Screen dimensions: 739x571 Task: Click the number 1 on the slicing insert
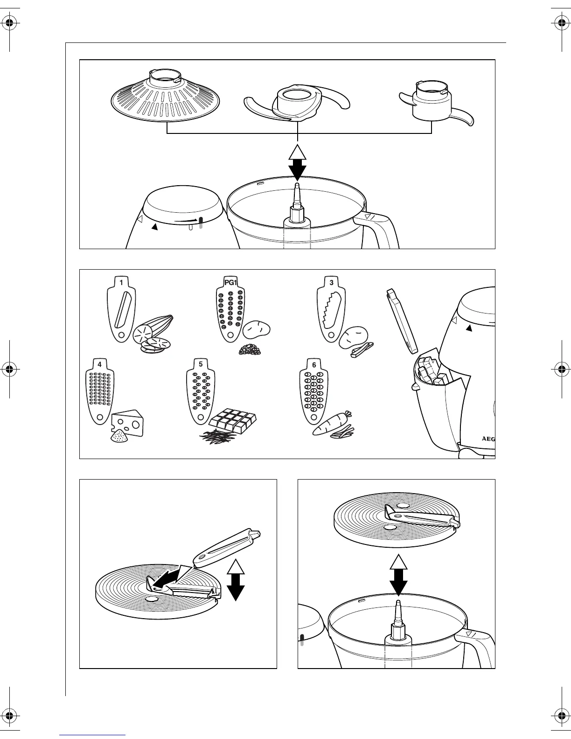pos(121,282)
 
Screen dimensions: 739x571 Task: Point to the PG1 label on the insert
pos(230,282)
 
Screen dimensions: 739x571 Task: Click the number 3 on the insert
pos(331,282)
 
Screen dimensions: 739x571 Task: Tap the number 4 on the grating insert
pos(100,364)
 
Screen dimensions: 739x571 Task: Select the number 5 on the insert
pos(201,364)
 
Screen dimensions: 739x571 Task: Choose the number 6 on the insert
pos(314,364)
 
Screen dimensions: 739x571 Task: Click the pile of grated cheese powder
pos(118,437)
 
